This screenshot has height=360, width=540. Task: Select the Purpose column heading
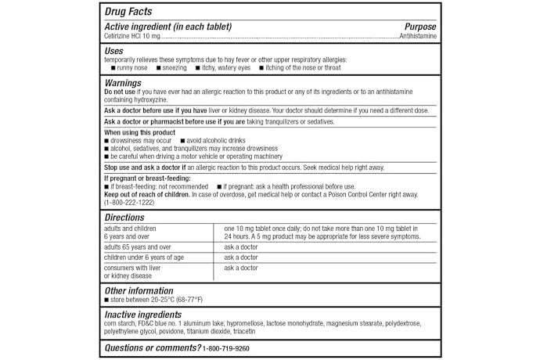click(x=420, y=27)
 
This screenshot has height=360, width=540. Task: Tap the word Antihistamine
click(x=418, y=36)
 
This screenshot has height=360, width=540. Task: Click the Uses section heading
click(x=114, y=51)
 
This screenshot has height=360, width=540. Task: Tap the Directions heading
click(x=125, y=217)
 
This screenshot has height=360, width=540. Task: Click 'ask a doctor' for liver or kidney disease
click(x=240, y=268)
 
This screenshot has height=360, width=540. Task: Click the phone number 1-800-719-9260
click(x=225, y=347)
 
